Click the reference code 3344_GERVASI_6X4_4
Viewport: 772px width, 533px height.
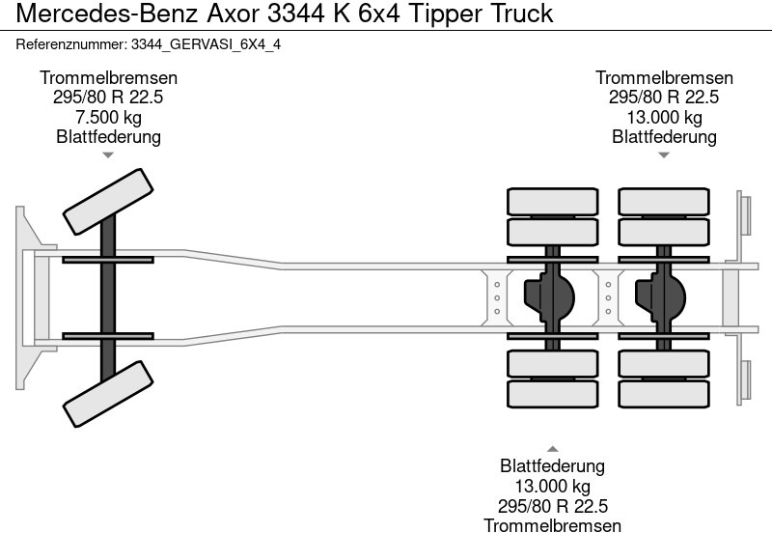(x=206, y=44)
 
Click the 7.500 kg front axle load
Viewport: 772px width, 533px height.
(x=108, y=117)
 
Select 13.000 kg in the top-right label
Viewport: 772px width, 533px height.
(x=664, y=117)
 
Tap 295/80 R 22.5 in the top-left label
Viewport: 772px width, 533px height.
(x=108, y=98)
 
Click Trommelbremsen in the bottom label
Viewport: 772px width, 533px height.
(x=553, y=525)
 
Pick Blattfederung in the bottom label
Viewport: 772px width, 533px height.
(x=553, y=466)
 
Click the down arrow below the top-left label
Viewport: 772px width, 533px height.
(x=108, y=154)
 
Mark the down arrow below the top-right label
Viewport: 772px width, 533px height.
(x=664, y=154)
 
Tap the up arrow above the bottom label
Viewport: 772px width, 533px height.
(x=553, y=448)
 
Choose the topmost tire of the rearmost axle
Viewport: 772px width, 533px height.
(x=664, y=201)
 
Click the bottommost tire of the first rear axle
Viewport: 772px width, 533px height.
(x=553, y=394)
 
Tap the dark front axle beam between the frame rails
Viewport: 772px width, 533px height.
(x=108, y=297)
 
